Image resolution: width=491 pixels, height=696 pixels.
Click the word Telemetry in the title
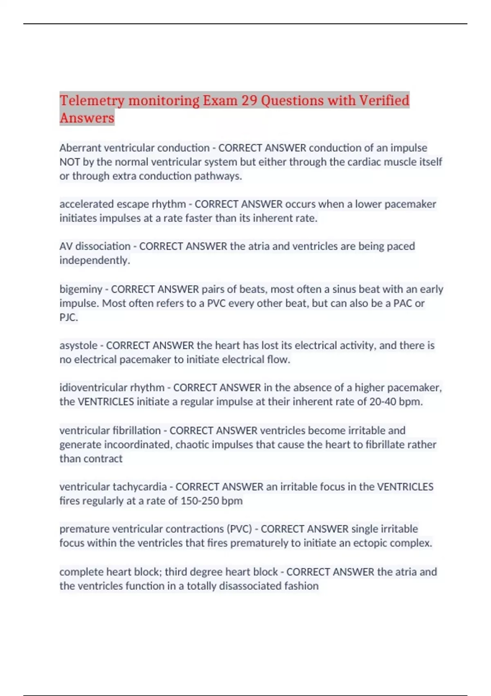[92, 101]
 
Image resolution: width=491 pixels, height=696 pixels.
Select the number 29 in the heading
[249, 101]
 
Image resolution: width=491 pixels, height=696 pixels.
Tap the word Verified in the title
[384, 101]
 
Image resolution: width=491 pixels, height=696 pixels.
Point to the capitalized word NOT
[70, 162]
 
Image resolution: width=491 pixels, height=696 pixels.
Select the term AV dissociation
[95, 246]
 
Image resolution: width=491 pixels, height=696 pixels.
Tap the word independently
[95, 260]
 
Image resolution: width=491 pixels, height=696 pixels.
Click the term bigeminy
[81, 289]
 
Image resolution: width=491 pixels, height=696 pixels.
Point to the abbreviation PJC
[68, 317]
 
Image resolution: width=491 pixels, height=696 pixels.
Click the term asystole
[78, 346]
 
